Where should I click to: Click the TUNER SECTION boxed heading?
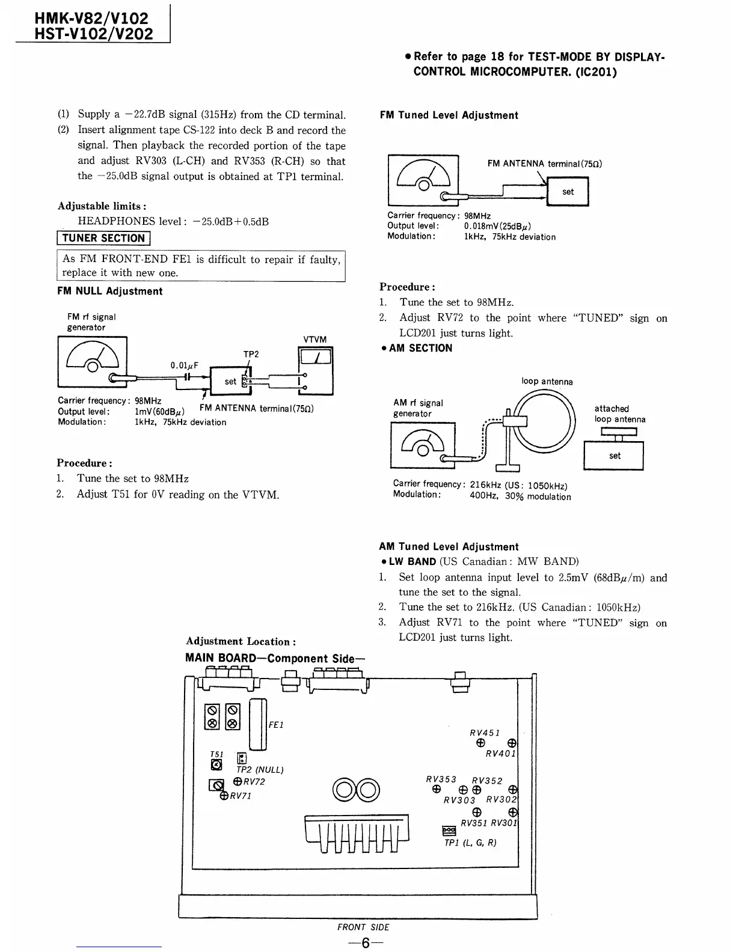(x=103, y=239)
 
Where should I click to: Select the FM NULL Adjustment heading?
(x=109, y=291)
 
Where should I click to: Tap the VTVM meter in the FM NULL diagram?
(x=315, y=371)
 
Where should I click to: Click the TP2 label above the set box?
(x=251, y=355)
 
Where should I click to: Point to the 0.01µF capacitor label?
(x=184, y=365)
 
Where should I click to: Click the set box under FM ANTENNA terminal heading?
(x=568, y=192)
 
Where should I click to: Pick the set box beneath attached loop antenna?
(x=613, y=456)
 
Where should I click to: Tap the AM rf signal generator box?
(x=423, y=445)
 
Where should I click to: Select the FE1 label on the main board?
(x=276, y=725)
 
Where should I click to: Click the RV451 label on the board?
(x=485, y=733)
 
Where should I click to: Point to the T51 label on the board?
(x=216, y=754)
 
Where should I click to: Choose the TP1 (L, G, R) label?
(x=470, y=843)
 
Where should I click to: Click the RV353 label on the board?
(x=441, y=779)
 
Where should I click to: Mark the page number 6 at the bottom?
(x=365, y=943)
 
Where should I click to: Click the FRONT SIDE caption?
(x=363, y=927)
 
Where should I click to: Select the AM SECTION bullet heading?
(x=420, y=349)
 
